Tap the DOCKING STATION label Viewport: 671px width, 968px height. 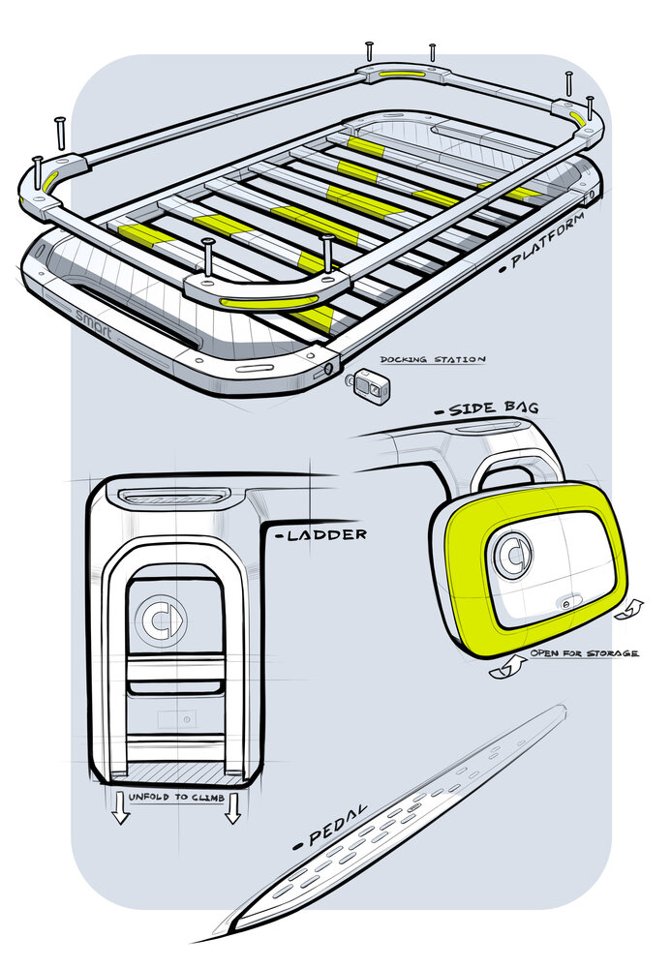[x=432, y=359]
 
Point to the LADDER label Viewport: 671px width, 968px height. [x=322, y=534]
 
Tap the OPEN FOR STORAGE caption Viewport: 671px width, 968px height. [x=584, y=653]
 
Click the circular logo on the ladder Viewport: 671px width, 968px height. [x=159, y=619]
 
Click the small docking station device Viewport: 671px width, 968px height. [x=370, y=385]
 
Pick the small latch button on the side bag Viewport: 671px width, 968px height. [x=565, y=601]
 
